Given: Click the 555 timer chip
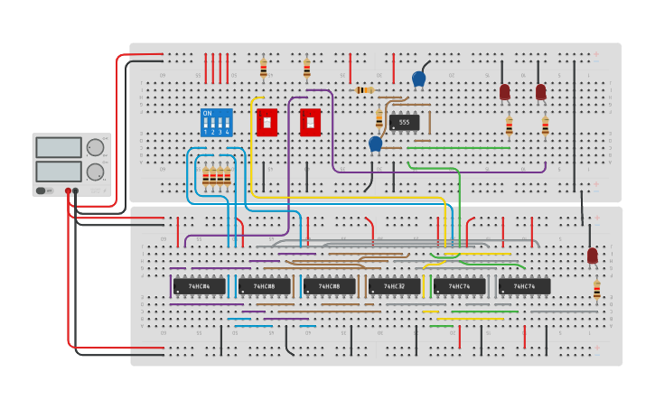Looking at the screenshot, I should click(x=404, y=122).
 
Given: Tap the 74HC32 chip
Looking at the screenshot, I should click(x=394, y=286).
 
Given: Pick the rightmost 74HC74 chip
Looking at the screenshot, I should click(x=524, y=286).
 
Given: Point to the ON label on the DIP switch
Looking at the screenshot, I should click(x=208, y=114).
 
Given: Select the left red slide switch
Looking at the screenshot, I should click(x=267, y=122).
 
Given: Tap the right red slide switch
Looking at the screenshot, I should click(x=310, y=122).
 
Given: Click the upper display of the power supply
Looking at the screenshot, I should click(x=59, y=147).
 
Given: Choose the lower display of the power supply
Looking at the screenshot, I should click(x=59, y=170).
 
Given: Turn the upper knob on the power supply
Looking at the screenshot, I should click(x=95, y=148).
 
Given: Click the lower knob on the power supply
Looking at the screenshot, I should click(x=95, y=171).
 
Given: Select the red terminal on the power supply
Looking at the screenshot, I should click(x=67, y=191).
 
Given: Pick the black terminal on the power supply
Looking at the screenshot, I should click(x=75, y=191).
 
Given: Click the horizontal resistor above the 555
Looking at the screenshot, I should click(x=364, y=90).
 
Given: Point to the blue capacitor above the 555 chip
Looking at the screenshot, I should click(x=418, y=79).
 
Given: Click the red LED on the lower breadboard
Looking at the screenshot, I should click(x=593, y=256).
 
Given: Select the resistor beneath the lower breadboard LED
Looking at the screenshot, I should click(x=596, y=289).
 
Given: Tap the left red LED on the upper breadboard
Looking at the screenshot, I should click(x=504, y=92).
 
